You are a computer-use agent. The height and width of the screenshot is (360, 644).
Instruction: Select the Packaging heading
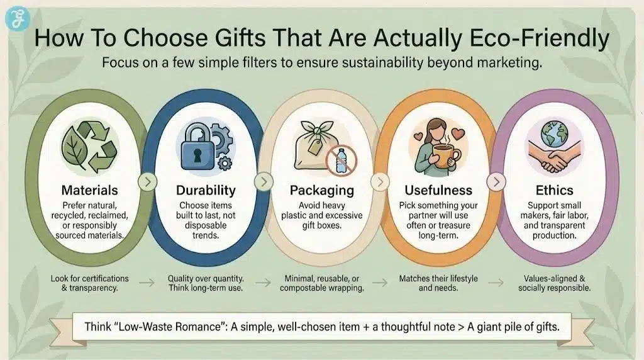(x=321, y=189)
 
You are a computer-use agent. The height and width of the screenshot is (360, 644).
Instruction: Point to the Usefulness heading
(x=438, y=189)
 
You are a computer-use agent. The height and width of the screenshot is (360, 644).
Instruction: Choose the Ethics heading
(x=554, y=189)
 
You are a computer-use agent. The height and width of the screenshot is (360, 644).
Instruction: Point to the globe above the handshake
(x=556, y=133)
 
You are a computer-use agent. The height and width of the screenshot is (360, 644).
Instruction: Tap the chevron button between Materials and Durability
(x=147, y=183)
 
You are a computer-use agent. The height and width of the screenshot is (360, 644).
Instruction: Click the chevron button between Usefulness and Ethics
(x=496, y=183)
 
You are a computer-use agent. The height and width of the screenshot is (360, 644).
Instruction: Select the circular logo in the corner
(x=15, y=17)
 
